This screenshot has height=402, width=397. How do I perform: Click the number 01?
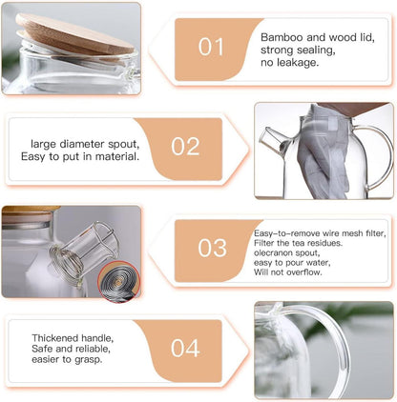tap(212, 47)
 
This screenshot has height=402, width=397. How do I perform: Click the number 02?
tap(185, 147)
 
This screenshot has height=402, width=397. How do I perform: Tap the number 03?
tap(212, 248)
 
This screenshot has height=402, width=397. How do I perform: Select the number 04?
tap(185, 348)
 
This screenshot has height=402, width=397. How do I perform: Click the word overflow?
tap(303, 272)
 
